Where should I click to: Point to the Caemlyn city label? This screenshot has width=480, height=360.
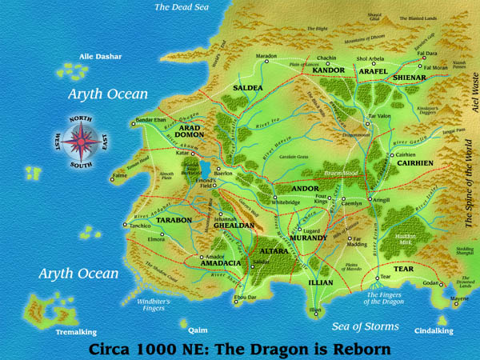[x=352, y=204]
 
